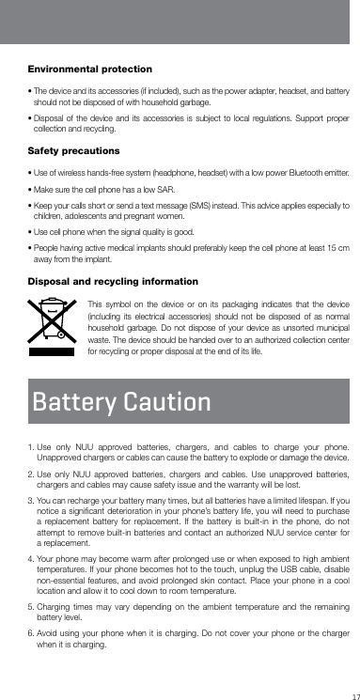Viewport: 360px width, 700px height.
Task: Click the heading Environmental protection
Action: [90, 70]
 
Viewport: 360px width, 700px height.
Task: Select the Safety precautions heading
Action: [74, 150]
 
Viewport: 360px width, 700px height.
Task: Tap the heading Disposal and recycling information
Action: [113, 282]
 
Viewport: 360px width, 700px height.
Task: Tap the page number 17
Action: [352, 694]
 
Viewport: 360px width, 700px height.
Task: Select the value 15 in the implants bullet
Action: [332, 246]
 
